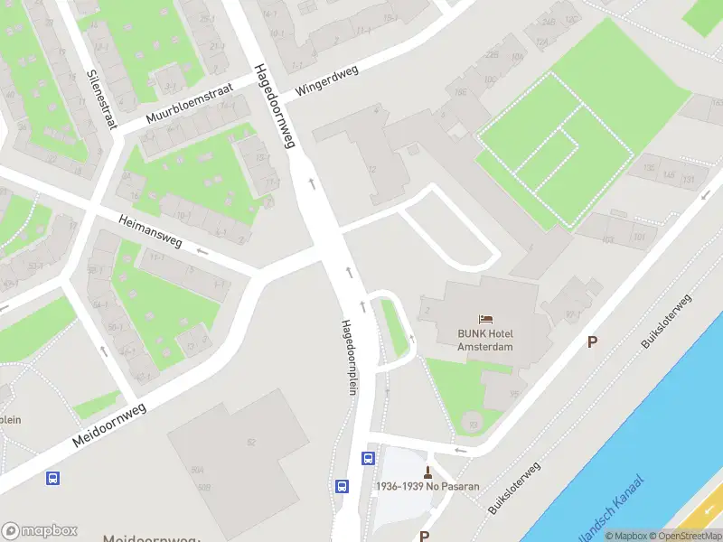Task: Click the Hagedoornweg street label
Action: coord(276,106)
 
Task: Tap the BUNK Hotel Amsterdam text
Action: coord(485,340)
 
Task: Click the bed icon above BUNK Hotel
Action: coord(485,319)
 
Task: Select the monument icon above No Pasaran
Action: coord(427,472)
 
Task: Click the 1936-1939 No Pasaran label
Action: coord(427,487)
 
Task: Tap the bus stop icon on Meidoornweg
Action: coord(54,478)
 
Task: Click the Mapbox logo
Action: coord(40,530)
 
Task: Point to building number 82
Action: coord(251,441)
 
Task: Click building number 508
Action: coord(205,488)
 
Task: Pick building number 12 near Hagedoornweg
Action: coord(371,170)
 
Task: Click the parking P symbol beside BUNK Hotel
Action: coord(593,341)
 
